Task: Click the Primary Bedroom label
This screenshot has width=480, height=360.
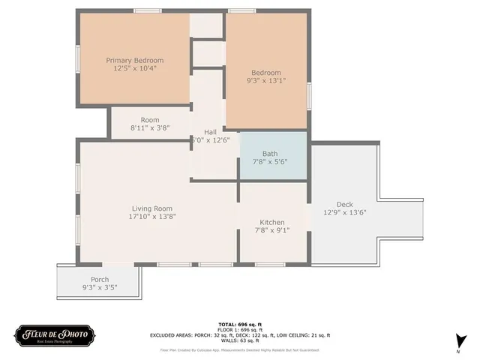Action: (134, 60)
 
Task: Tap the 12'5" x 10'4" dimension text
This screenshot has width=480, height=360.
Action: (134, 68)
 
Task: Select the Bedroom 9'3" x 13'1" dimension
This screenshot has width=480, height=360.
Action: (266, 80)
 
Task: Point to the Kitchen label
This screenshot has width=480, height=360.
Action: (271, 222)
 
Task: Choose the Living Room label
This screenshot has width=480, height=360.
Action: (152, 208)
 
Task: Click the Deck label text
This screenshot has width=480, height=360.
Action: (344, 204)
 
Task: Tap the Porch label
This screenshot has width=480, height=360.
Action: (89, 280)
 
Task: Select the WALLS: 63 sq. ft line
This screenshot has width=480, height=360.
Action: (239, 340)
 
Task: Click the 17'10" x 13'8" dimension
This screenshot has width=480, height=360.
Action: (152, 216)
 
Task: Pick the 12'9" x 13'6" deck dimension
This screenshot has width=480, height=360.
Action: (344, 212)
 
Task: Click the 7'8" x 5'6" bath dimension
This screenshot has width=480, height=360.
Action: (270, 161)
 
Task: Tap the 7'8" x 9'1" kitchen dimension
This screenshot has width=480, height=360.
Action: (271, 230)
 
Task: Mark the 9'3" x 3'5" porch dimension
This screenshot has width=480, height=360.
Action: (100, 288)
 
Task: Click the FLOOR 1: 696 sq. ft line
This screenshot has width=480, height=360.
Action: (239, 328)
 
